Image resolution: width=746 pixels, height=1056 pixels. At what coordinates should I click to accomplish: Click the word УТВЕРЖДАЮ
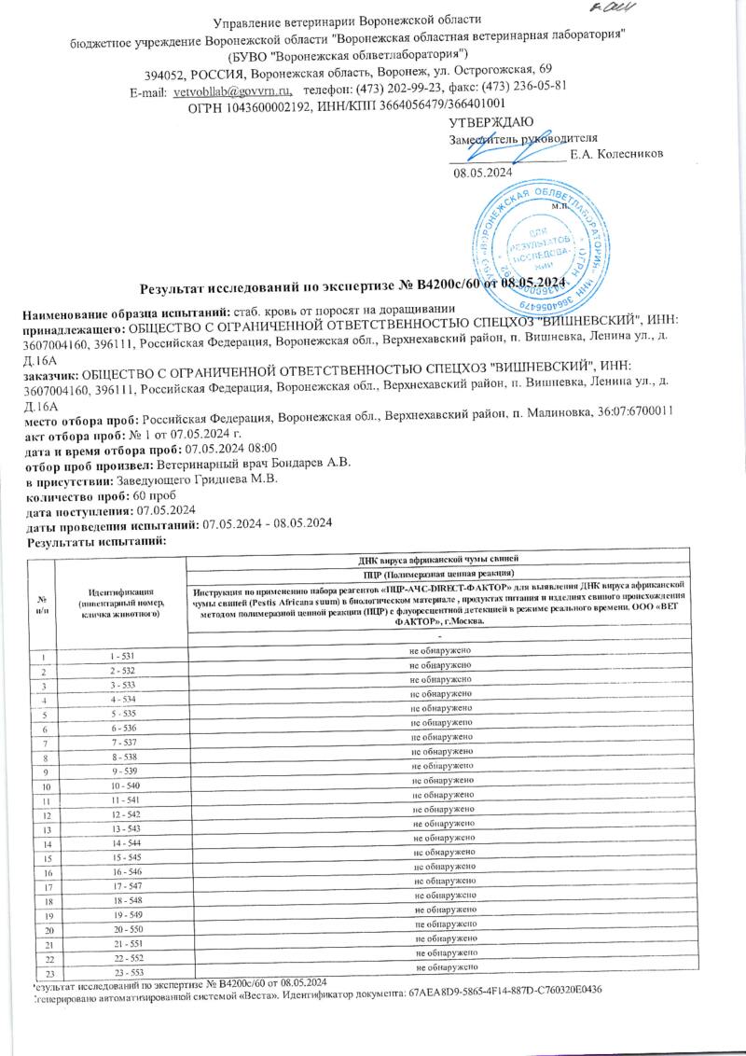491,123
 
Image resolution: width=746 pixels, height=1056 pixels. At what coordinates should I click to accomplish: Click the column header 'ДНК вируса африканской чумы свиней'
439,558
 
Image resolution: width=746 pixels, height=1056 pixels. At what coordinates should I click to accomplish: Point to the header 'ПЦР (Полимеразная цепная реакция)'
439,572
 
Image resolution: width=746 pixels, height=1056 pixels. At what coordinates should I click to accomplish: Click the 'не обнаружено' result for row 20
447,924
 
